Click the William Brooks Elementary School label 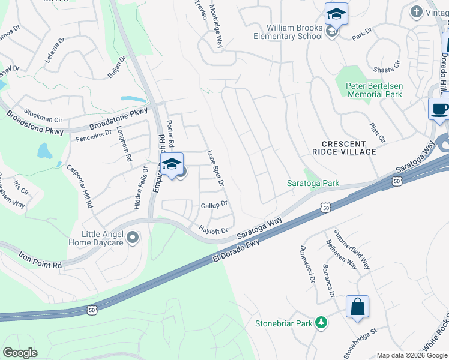295,31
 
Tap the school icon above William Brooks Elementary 336,14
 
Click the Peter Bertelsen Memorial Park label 373,90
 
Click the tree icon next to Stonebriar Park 321,323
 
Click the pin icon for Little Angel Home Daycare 133,238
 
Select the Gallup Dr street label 214,205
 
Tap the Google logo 20,353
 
